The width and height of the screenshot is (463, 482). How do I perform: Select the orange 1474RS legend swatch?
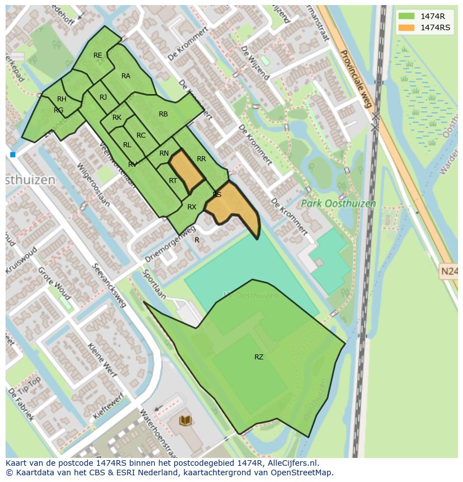click(407, 27)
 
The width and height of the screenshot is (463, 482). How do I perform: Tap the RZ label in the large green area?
click(259, 357)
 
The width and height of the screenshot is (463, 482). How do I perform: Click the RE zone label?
click(98, 55)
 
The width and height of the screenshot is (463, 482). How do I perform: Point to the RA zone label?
click(126, 76)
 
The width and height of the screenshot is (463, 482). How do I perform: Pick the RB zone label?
click(163, 114)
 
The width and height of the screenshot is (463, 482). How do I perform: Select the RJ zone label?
click(103, 97)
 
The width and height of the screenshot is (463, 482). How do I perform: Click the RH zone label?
click(62, 99)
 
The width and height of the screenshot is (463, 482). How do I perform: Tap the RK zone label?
click(117, 118)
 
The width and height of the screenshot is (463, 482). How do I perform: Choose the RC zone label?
click(141, 135)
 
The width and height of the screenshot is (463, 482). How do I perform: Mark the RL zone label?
click(127, 145)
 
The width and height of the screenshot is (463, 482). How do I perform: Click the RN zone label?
click(164, 153)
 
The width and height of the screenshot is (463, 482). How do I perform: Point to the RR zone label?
click(201, 159)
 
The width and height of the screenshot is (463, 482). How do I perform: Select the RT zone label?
click(173, 181)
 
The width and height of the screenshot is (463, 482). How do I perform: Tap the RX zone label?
click(192, 207)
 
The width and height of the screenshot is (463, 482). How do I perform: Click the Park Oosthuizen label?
click(338, 204)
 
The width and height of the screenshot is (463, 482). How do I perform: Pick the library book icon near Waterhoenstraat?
click(185, 420)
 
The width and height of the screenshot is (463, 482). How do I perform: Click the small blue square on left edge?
click(12, 155)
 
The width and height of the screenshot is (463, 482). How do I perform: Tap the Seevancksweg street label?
click(110, 286)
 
